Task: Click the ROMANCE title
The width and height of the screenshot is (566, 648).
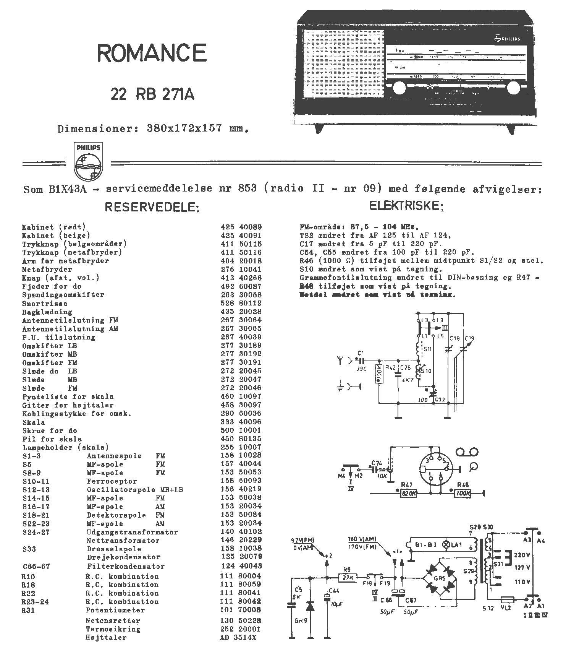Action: point(152,53)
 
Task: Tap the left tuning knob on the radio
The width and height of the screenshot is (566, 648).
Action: point(399,88)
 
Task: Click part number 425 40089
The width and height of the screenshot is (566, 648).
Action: point(241,227)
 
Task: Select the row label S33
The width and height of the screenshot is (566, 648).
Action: point(29,549)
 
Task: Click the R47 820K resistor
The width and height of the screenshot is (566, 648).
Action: point(408,493)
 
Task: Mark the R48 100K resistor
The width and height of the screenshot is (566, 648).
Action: point(463,493)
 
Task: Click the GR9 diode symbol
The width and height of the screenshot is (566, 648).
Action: point(310,607)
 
